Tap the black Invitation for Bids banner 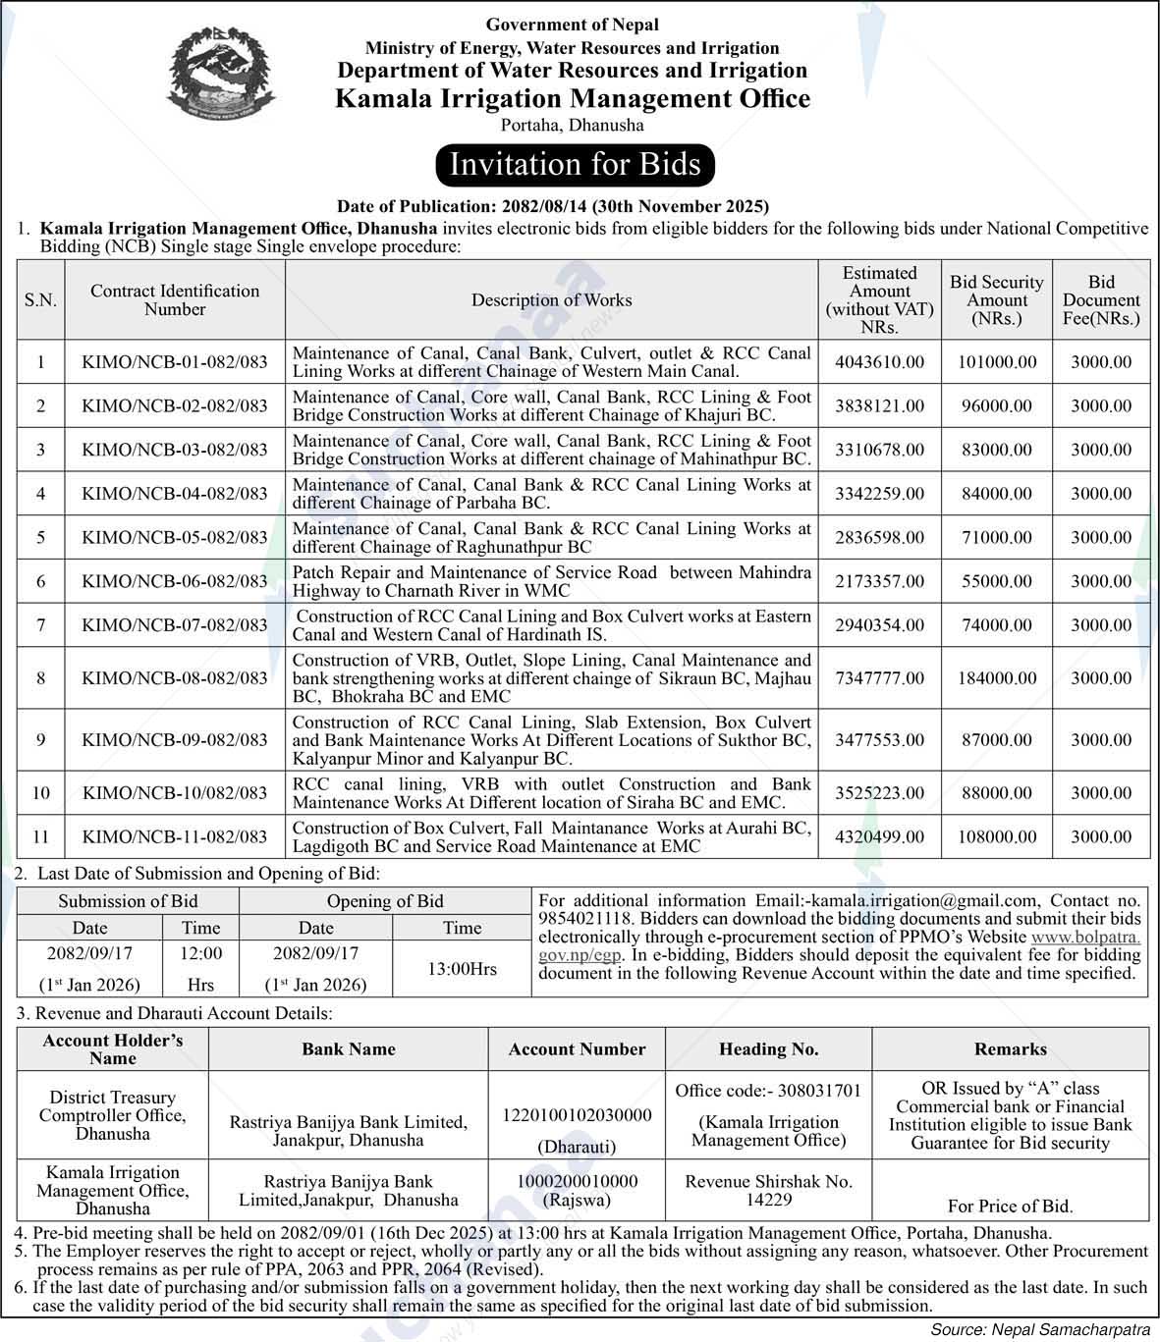(575, 164)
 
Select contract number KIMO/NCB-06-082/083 (175, 581)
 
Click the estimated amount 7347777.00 (879, 678)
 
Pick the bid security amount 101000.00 (997, 362)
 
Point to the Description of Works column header (551, 300)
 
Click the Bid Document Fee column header (1101, 300)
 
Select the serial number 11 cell (40, 837)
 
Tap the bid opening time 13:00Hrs (462, 969)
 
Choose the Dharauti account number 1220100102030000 (577, 1115)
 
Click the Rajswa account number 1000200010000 (577, 1181)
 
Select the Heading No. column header (768, 1049)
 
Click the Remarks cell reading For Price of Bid (1010, 1207)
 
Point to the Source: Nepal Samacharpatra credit (1041, 1329)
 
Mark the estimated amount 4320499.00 (879, 837)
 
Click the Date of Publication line (552, 206)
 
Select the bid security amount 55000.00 (997, 581)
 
